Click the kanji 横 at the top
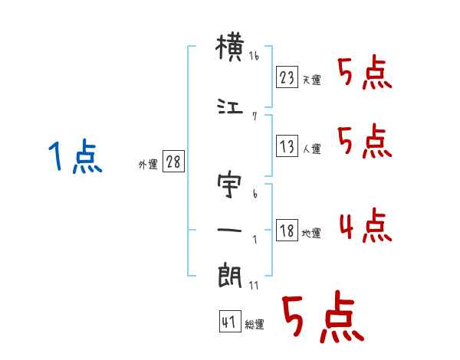(x=230, y=47)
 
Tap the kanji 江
(x=230, y=106)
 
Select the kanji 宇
(x=229, y=185)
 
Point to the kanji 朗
(x=230, y=275)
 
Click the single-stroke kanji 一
(x=229, y=230)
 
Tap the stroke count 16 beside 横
(x=254, y=56)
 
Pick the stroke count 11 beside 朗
(x=254, y=286)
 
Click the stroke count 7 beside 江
(x=255, y=116)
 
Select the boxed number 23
(x=287, y=77)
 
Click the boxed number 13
(x=287, y=146)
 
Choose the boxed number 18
(x=287, y=230)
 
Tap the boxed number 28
(x=173, y=162)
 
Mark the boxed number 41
(x=230, y=322)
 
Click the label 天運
(x=312, y=80)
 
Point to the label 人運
(x=312, y=149)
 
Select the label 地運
(x=311, y=234)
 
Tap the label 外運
(x=148, y=165)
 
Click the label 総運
(x=255, y=325)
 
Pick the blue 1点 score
(x=75, y=155)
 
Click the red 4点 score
(x=366, y=225)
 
